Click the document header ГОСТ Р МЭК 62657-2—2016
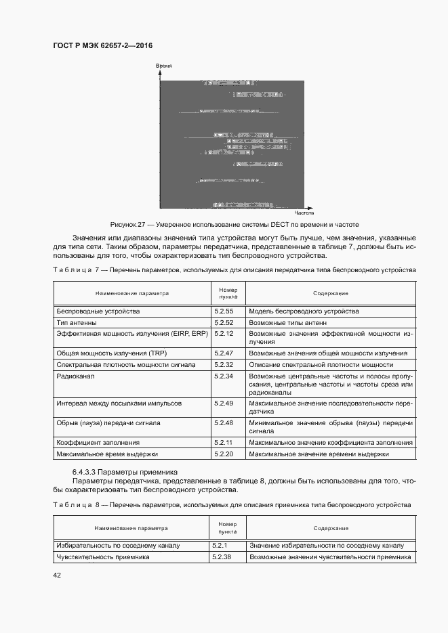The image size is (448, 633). (102, 45)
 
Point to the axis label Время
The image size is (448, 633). (163, 66)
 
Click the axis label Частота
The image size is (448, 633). (304, 213)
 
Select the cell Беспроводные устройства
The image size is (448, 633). (98, 311)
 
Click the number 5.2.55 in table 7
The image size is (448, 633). (224, 311)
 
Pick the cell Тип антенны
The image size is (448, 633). (77, 323)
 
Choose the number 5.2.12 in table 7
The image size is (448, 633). (224, 334)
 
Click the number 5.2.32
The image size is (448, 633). (224, 364)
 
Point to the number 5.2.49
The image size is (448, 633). (224, 403)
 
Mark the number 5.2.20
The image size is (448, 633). (224, 454)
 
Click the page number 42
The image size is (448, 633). (57, 575)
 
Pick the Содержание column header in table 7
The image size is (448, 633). (331, 293)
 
